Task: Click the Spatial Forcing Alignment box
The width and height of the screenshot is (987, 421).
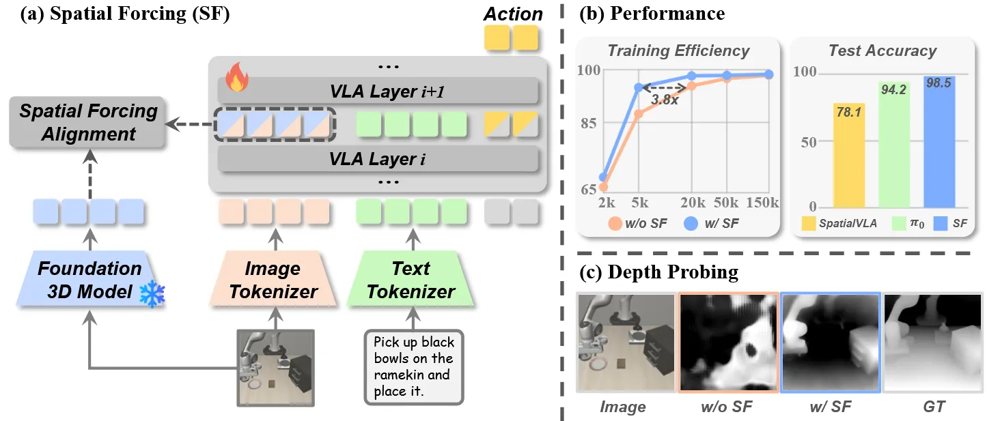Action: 87,122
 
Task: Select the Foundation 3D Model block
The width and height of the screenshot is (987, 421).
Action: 90,279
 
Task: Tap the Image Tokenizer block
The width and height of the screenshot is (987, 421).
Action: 273,279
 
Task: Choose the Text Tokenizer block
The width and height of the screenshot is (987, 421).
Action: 411,279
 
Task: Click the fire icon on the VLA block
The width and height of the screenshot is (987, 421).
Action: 237,76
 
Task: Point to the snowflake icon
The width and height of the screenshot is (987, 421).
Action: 152,294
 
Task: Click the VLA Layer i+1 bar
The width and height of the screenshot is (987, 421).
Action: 378,91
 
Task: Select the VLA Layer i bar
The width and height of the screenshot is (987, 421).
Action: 378,158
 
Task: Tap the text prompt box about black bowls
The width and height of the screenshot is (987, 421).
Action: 414,367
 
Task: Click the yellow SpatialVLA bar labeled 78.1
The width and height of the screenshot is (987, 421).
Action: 848,156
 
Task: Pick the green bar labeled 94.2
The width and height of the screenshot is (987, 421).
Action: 894,145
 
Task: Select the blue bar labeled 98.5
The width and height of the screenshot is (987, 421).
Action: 939,142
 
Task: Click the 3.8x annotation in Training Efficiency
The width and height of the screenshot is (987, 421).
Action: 665,100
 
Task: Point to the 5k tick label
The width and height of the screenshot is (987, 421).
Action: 640,203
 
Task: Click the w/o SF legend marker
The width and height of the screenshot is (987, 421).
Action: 615,224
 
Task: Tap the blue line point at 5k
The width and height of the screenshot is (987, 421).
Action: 639,87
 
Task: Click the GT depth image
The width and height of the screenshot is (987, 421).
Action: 933,342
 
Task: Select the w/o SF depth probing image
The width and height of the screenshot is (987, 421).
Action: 728,342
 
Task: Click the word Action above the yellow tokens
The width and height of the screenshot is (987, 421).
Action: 513,14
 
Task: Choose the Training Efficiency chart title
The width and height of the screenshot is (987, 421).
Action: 678,50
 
